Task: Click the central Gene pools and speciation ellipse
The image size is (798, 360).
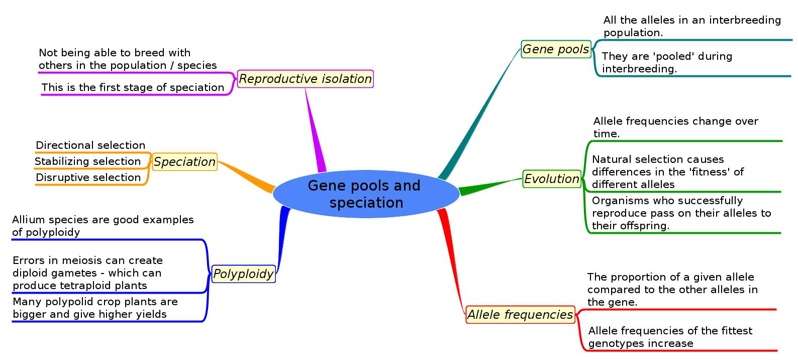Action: click(x=366, y=194)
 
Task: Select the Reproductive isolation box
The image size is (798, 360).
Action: click(x=305, y=79)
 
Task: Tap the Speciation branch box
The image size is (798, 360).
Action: click(x=184, y=162)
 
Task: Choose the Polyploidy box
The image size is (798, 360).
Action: click(x=243, y=274)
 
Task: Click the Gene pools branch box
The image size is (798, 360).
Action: click(x=555, y=49)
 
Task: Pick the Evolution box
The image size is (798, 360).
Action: click(x=551, y=179)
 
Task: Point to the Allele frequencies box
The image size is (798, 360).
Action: click(x=520, y=315)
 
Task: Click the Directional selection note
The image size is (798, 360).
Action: click(x=90, y=145)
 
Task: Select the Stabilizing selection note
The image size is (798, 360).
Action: click(x=87, y=161)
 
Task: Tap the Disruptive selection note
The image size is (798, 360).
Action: click(x=88, y=177)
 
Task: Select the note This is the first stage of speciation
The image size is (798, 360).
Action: click(x=133, y=87)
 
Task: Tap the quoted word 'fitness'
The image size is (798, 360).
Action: click(x=713, y=172)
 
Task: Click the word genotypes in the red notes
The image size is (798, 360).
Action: click(x=613, y=343)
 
